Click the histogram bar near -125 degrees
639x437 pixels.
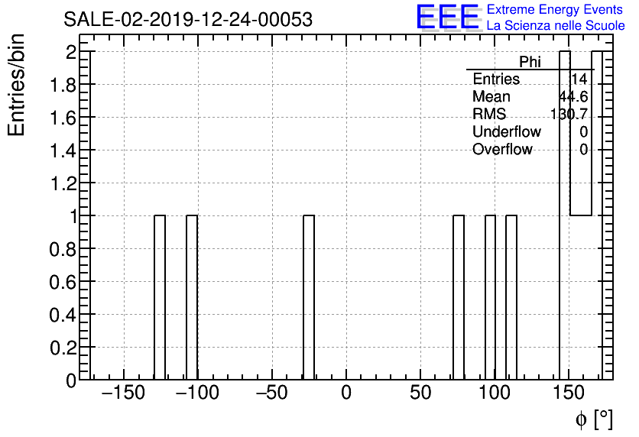point(160,297)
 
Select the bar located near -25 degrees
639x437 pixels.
point(309,297)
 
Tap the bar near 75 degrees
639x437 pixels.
point(459,297)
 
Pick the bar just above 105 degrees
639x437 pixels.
point(511,297)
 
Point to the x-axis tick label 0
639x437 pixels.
point(345,394)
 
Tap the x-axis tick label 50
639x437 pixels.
point(420,394)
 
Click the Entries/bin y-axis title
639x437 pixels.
point(17,84)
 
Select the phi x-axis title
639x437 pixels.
point(594,419)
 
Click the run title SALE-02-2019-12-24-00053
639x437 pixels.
point(188,20)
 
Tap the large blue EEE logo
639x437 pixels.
point(448,17)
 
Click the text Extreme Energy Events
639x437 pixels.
point(556,10)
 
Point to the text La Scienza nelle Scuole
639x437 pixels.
point(556,26)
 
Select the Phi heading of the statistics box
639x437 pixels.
point(530,62)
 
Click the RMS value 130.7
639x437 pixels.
point(569,115)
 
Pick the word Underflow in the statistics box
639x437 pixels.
point(507,132)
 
